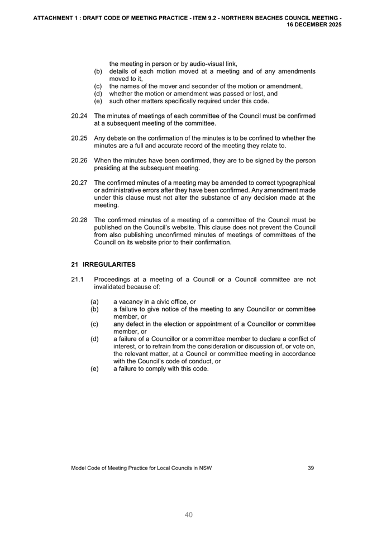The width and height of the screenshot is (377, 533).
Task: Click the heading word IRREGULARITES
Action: [109, 264]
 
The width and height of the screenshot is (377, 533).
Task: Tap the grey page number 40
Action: [189, 515]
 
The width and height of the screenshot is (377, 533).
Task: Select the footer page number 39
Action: [311, 468]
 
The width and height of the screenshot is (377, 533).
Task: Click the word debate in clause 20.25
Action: [120, 138]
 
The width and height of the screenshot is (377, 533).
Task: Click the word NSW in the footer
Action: [205, 468]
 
